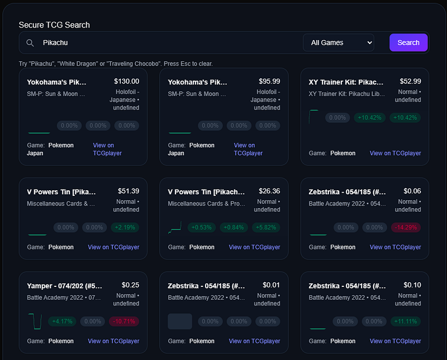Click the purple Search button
(x=408, y=42)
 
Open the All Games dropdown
(x=339, y=42)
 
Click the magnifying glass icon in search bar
(x=30, y=43)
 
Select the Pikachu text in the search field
(x=55, y=43)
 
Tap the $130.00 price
(x=127, y=81)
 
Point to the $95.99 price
(x=269, y=81)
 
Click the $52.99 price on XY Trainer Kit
(x=410, y=81)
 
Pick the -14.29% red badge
(x=406, y=227)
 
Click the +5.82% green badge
(x=266, y=227)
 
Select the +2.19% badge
(x=125, y=227)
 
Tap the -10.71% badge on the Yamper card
(x=124, y=321)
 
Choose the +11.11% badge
(x=406, y=321)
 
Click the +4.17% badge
(x=62, y=321)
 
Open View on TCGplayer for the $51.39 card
(x=113, y=247)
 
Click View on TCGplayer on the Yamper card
(x=113, y=341)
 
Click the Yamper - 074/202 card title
(x=64, y=286)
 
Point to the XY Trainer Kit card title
(x=346, y=82)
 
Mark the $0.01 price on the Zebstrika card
(x=271, y=285)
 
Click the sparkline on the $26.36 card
(x=175, y=228)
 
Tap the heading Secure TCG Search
(x=54, y=25)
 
